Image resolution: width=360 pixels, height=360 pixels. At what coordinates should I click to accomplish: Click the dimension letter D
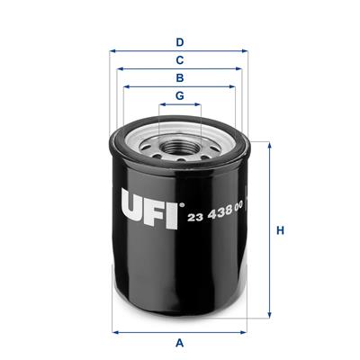pos(179,42)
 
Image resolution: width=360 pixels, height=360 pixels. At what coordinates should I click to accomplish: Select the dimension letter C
pos(179,60)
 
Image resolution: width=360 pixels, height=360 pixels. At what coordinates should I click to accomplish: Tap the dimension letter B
pos(179,78)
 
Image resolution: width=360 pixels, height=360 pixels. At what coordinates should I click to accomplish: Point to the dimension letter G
pos(179,96)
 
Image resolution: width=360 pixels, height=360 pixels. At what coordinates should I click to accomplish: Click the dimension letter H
pos(280,230)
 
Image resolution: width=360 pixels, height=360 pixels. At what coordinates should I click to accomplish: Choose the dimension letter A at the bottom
pos(179,343)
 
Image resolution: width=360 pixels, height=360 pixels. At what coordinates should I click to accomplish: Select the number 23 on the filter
pos(195,217)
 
